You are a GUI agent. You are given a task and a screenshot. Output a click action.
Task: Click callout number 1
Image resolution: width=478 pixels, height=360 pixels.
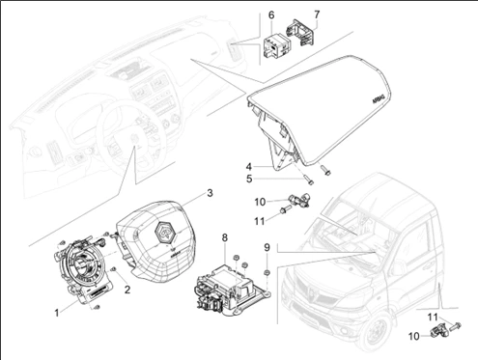pos(57,313)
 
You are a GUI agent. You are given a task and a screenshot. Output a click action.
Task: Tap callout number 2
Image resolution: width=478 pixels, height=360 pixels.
pos(127,289)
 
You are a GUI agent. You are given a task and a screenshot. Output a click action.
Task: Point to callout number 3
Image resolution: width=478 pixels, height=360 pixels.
pos(208,193)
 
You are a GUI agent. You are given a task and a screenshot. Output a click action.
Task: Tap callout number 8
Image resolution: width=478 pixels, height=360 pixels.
pos(225,237)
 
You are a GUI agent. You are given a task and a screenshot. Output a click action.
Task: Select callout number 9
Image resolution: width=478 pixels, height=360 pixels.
pos(267,247)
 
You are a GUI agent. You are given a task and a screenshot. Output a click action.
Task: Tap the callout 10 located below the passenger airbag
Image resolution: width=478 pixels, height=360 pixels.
pos(260,201)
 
